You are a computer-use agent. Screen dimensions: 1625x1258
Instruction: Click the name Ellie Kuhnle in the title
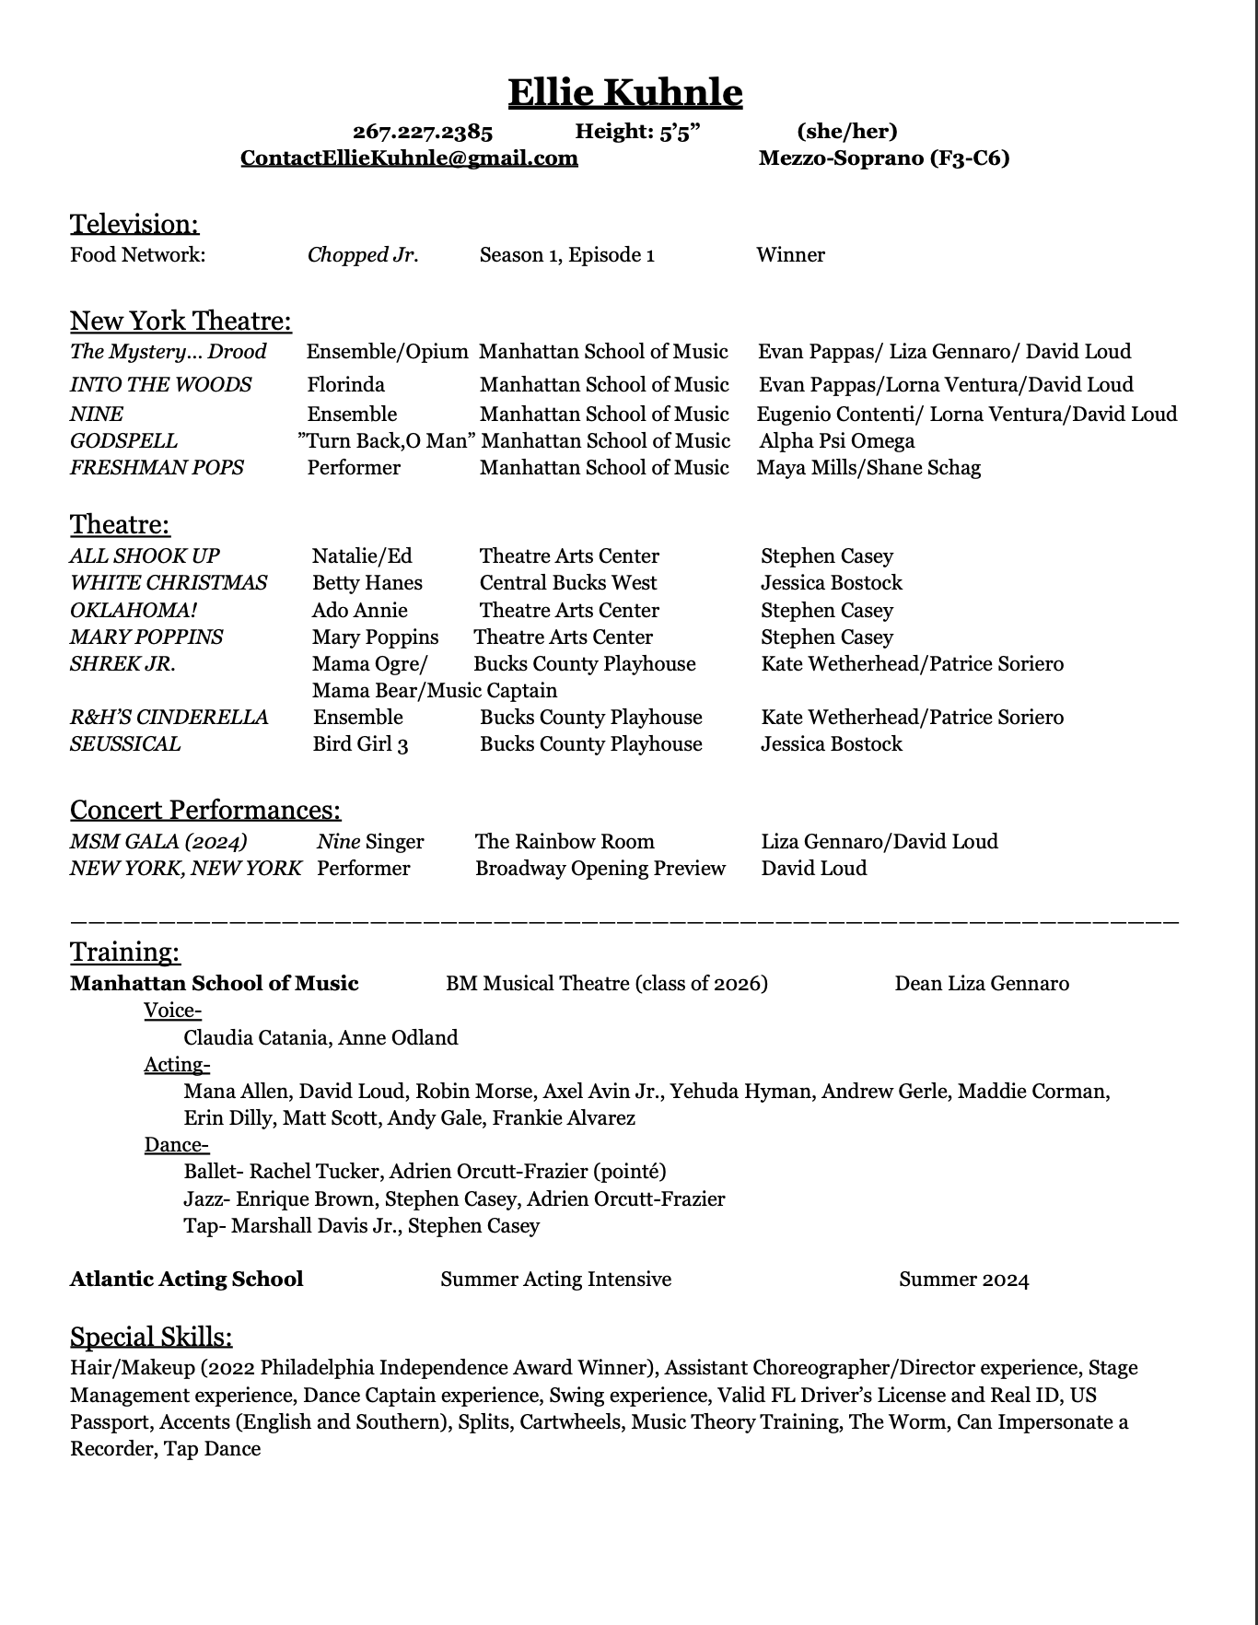tap(625, 92)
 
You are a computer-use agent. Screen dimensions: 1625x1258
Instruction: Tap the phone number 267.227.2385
tap(423, 132)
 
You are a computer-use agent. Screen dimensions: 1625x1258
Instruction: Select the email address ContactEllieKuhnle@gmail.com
tap(409, 158)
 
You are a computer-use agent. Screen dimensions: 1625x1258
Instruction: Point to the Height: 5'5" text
tap(637, 132)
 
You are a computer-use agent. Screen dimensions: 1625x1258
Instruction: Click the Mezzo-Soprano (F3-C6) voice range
tap(883, 158)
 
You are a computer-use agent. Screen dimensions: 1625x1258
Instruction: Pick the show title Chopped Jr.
tap(363, 255)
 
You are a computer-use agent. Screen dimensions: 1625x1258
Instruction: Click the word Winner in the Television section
tap(790, 255)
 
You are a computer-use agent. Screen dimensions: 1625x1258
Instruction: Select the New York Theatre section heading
tap(181, 321)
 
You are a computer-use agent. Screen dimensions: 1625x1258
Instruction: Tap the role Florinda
tap(346, 384)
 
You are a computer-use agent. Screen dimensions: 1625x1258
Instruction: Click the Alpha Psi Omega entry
tap(836, 440)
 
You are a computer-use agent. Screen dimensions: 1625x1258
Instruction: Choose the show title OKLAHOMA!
tap(134, 610)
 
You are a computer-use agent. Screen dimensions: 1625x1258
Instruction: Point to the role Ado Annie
tap(359, 610)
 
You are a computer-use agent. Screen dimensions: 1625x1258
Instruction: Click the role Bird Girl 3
tap(360, 743)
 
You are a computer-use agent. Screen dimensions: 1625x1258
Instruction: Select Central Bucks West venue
tap(568, 582)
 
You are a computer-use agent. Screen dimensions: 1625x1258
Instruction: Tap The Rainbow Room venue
tap(565, 841)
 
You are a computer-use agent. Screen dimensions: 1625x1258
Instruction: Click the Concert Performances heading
tap(205, 810)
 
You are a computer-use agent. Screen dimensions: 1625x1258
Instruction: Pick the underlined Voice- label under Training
tap(172, 1011)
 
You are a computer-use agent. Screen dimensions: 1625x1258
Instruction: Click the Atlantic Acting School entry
tap(186, 1279)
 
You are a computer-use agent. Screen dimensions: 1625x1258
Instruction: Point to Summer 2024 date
tap(963, 1280)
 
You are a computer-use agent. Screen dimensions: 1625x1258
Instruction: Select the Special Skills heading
tap(151, 1337)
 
